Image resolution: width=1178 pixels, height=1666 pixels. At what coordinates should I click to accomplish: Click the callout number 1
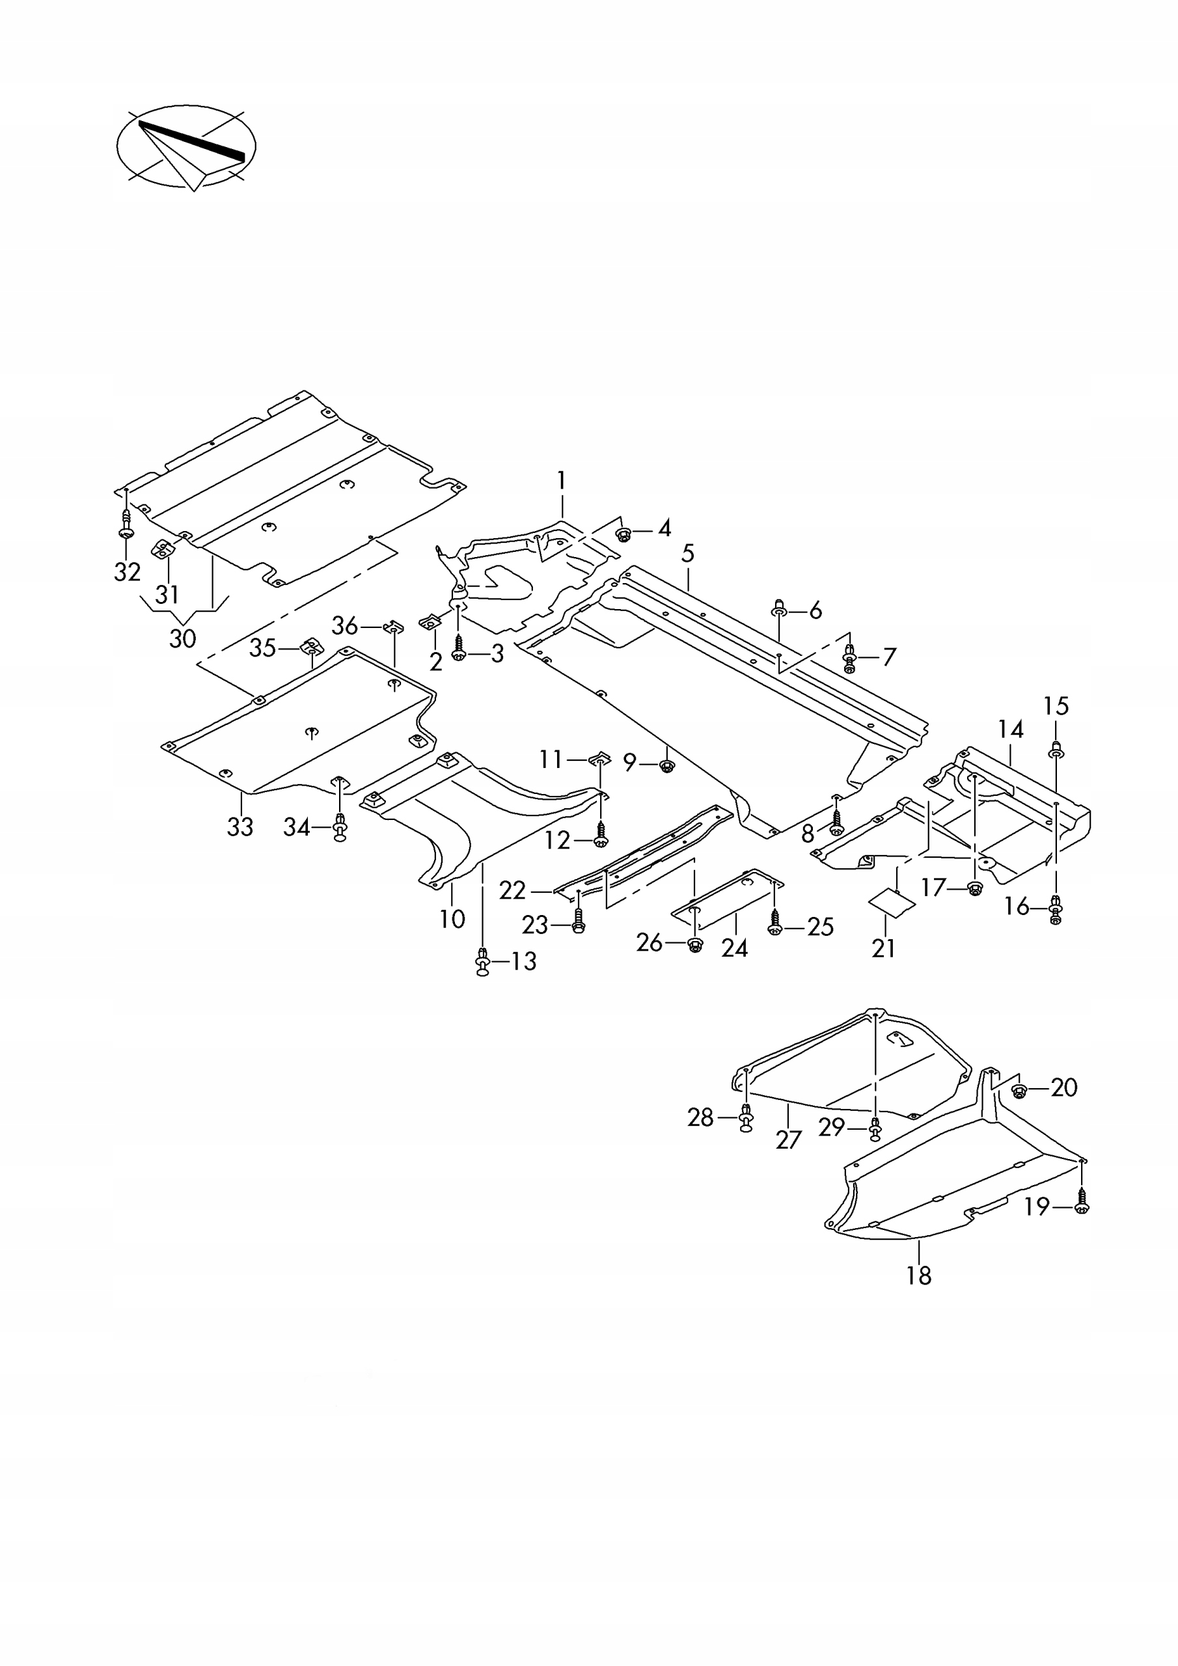coord(561,480)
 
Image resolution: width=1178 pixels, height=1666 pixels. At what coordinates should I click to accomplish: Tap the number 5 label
coord(687,554)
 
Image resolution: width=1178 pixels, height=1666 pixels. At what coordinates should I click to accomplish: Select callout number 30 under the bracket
coord(183,638)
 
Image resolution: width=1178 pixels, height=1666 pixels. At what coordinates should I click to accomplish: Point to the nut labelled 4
coord(623,536)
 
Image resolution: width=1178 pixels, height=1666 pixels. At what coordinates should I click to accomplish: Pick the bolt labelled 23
coord(578,922)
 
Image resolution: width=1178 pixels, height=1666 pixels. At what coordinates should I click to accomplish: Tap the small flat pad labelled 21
coord(892,903)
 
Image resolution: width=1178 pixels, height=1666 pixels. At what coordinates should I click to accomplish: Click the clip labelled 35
coord(310,645)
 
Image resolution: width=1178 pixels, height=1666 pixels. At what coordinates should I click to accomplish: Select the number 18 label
coord(918,1275)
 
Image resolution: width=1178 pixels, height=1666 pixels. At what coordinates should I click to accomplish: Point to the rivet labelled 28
coord(746,1118)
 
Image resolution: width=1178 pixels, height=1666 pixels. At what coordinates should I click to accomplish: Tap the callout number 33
coord(240,826)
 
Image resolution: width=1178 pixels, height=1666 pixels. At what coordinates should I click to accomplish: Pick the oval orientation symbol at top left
coord(187,146)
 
